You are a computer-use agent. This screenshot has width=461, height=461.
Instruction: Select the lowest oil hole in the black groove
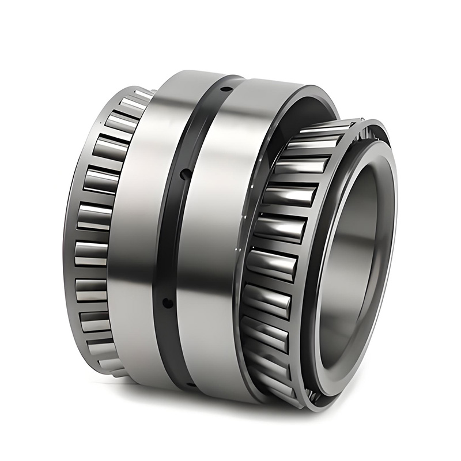[167, 302]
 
